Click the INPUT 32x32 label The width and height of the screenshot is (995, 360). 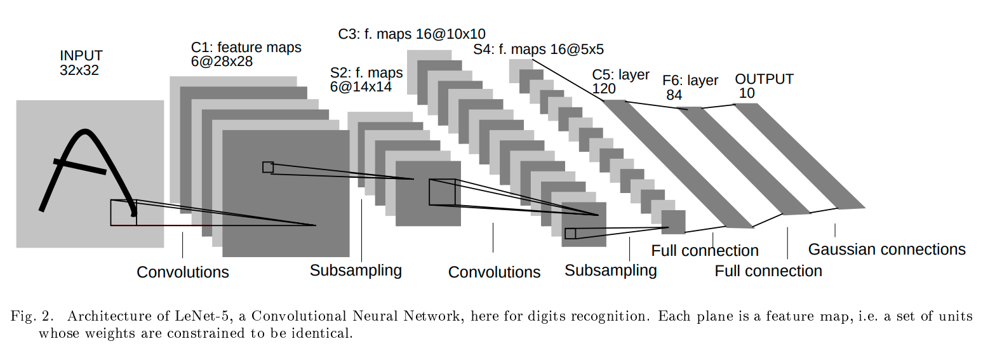(x=81, y=63)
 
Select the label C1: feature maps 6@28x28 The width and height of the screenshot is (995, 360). (x=246, y=54)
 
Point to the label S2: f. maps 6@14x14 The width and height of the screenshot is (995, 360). (x=366, y=79)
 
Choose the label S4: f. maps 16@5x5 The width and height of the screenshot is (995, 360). (x=538, y=49)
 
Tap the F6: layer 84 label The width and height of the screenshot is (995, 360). (x=690, y=88)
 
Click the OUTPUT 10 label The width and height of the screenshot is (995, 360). (x=764, y=86)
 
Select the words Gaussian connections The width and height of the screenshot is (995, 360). (x=886, y=250)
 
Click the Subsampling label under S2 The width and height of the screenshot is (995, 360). (x=356, y=270)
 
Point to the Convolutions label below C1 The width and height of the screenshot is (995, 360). (x=183, y=272)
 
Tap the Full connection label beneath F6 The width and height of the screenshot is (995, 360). (x=768, y=271)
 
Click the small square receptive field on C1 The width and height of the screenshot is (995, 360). (x=268, y=167)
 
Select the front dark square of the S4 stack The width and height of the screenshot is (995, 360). (x=674, y=222)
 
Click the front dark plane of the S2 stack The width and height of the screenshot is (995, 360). (x=428, y=194)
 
